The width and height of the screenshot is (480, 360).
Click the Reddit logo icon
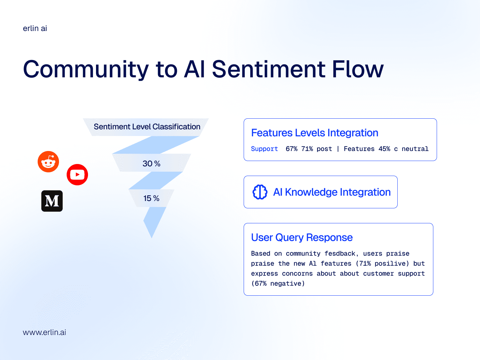pyautogui.click(x=48, y=162)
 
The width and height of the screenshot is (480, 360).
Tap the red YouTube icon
pyautogui.click(x=77, y=175)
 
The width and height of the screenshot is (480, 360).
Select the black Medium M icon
pyautogui.click(x=52, y=201)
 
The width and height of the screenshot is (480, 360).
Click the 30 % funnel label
pyautogui.click(x=151, y=163)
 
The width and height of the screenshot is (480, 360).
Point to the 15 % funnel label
pyautogui.click(x=151, y=198)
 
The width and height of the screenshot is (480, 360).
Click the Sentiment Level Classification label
pyautogui.click(x=147, y=127)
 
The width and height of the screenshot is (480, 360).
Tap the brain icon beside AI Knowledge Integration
pyautogui.click(x=260, y=192)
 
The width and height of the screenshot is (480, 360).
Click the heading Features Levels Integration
pyautogui.click(x=315, y=133)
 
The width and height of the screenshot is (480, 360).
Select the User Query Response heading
pyautogui.click(x=302, y=237)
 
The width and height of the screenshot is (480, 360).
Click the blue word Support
pyautogui.click(x=264, y=149)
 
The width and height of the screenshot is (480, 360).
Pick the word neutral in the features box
pyautogui.click(x=415, y=149)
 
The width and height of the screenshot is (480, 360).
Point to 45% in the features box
pyautogui.click(x=384, y=149)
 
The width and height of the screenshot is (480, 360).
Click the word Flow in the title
pyautogui.click(x=358, y=69)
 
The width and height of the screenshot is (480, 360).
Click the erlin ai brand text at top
pyautogui.click(x=35, y=28)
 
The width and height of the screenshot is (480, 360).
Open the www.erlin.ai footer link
pyautogui.click(x=44, y=332)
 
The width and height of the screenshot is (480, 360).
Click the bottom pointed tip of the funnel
pyautogui.click(x=152, y=238)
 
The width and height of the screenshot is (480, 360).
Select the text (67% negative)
pyautogui.click(x=278, y=283)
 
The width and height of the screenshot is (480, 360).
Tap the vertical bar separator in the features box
pyautogui.click(x=338, y=149)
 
